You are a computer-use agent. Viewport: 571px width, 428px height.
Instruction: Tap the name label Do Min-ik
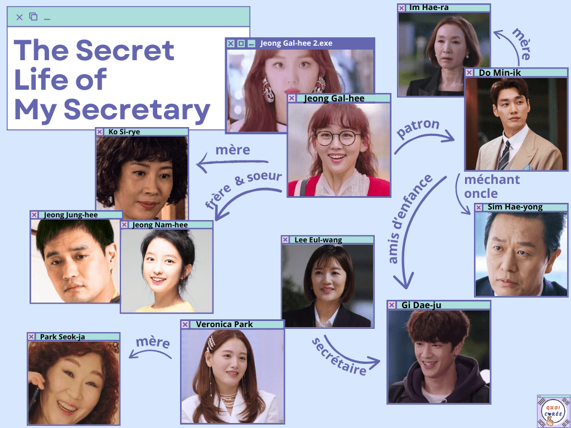500,73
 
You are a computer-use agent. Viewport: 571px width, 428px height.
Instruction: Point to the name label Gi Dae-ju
421,305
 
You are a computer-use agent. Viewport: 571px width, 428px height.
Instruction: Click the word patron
418,129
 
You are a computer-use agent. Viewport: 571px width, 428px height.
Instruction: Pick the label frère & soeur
243,191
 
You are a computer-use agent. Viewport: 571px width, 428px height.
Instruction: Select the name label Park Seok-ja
62,337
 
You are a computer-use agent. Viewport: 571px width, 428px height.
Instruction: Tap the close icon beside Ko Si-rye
100,132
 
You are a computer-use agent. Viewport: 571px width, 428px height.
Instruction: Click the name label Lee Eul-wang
318,240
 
